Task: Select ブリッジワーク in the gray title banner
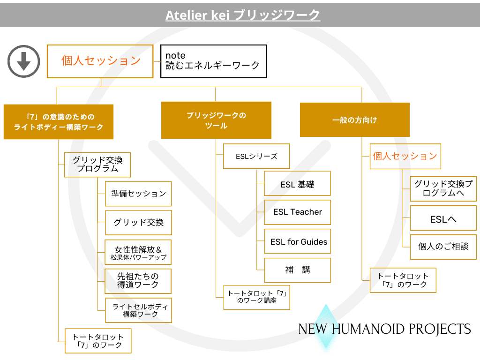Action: tap(277, 15)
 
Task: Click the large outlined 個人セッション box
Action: tap(100, 61)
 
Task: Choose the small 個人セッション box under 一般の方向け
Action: tap(405, 156)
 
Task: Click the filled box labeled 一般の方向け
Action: tap(354, 120)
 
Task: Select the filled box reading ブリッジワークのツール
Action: tap(216, 120)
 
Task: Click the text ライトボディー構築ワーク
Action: tap(59, 127)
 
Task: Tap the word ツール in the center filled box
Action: tap(216, 126)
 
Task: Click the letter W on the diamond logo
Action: tap(320, 329)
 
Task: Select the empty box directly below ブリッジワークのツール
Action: tap(256, 156)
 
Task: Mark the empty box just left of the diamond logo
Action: tap(256, 297)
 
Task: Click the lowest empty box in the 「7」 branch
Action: tap(98, 341)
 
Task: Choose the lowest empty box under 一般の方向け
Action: tap(403, 280)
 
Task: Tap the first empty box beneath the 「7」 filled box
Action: tap(97, 165)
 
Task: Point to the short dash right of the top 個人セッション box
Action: tap(157, 61)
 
